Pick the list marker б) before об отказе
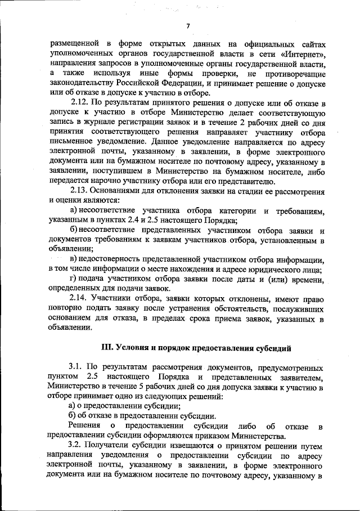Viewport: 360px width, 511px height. pyautogui.click(x=72, y=415)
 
